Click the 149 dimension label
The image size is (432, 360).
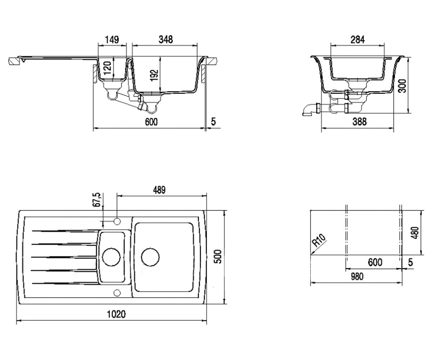112,40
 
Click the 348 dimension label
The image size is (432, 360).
166,40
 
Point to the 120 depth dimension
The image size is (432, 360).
108,68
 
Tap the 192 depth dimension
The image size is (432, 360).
154,76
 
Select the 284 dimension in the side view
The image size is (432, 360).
358,40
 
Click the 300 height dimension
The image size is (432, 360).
402,86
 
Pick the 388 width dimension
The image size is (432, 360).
360,122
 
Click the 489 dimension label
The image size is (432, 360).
159,190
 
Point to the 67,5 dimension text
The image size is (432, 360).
97,200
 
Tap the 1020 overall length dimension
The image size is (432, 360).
116,314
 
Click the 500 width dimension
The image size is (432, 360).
218,257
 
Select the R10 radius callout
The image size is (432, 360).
319,240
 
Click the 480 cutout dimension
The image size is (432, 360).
415,233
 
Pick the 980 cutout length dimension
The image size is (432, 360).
357,276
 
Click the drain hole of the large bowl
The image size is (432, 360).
150,257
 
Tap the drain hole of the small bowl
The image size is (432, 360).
111,257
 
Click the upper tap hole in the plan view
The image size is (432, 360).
117,221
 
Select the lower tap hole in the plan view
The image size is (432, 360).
117,293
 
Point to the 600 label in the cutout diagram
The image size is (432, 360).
375,262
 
